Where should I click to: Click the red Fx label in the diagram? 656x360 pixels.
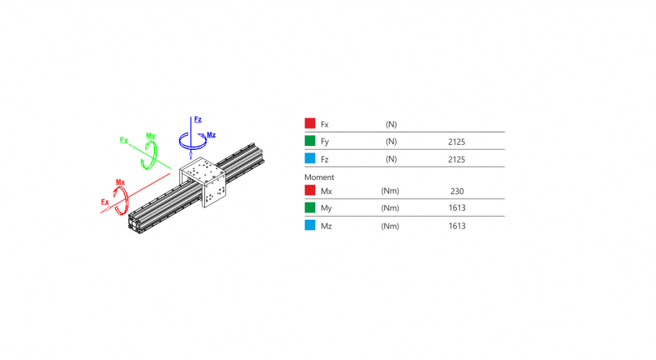[105, 202]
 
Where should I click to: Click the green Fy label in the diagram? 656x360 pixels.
[124, 140]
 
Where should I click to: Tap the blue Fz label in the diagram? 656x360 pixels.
[198, 120]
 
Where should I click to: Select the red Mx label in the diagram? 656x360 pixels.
[120, 182]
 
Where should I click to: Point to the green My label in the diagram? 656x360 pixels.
[151, 135]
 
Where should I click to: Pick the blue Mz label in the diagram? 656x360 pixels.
[211, 135]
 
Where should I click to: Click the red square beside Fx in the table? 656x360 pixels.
[310, 124]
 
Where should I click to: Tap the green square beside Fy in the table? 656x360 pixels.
[310, 141]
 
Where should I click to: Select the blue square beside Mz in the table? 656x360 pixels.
[310, 225]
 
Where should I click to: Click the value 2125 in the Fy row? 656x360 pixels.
[456, 142]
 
